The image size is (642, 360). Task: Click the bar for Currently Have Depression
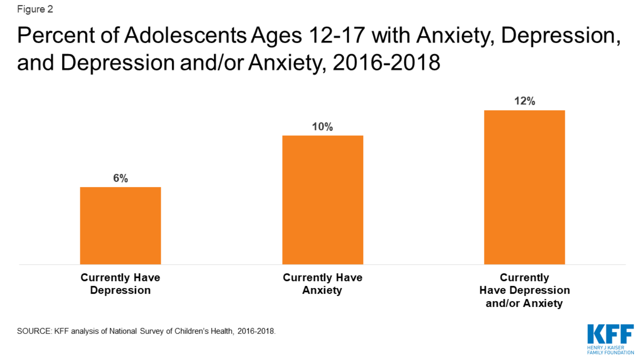(120, 226)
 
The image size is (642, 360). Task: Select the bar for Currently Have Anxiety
(323, 200)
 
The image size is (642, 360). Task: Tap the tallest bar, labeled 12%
(525, 187)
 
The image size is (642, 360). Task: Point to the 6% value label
(120, 178)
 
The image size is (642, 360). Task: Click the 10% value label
(322, 127)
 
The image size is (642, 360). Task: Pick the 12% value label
(525, 101)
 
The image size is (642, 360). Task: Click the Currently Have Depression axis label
(120, 284)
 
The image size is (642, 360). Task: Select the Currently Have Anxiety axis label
(322, 284)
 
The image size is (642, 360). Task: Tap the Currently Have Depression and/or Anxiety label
(525, 290)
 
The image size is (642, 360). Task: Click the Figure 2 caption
(35, 9)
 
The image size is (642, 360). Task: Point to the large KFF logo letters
(611, 334)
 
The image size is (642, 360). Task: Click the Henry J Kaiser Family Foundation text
(611, 350)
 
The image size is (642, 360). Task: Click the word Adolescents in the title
(185, 36)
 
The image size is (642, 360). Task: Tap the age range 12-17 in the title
(337, 36)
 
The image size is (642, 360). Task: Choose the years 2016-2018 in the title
(386, 62)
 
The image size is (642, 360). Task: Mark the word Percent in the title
(55, 36)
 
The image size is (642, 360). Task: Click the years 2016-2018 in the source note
(256, 331)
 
